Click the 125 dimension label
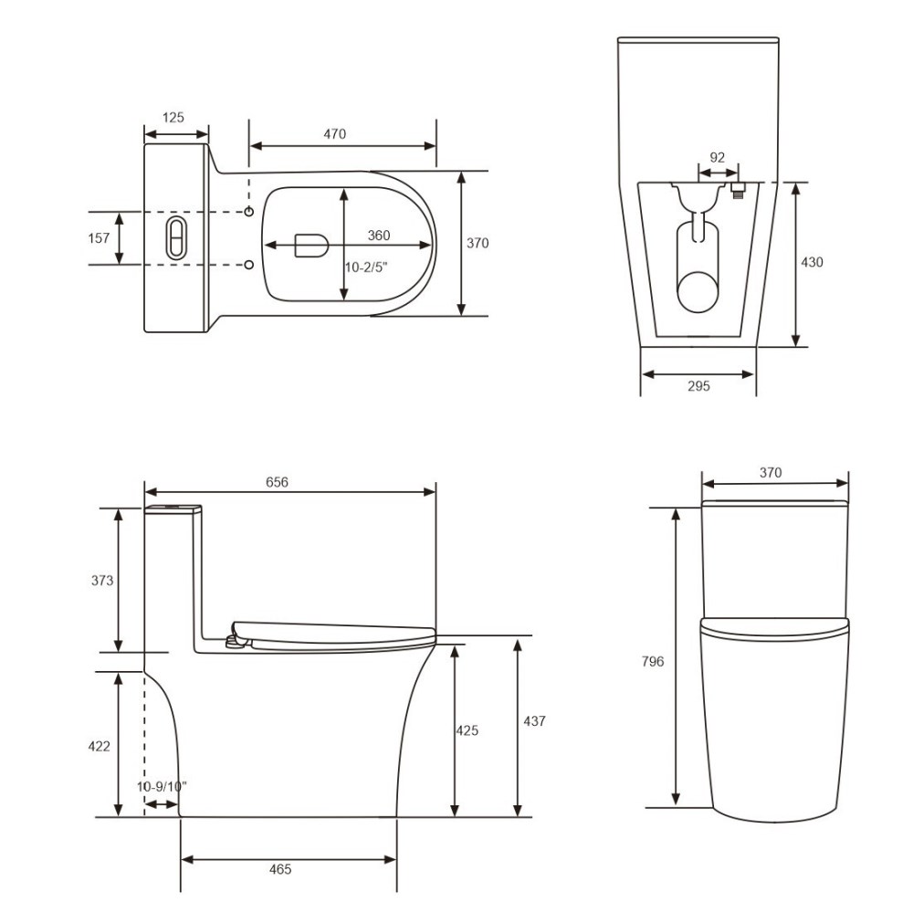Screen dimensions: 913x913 tap(173, 117)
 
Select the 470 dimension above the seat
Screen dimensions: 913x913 tap(335, 134)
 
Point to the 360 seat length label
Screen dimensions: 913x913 tap(379, 236)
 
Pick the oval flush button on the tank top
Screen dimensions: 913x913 tap(174, 237)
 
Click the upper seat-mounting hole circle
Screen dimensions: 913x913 tap(249, 212)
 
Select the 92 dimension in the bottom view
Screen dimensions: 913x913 tap(718, 157)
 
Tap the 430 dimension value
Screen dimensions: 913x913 tap(812, 262)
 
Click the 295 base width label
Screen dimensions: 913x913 tap(698, 386)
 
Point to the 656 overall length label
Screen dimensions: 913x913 tap(277, 482)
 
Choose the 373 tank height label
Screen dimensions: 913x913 tap(103, 580)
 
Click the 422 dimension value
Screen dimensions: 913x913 tap(100, 746)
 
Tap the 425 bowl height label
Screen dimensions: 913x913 tap(467, 730)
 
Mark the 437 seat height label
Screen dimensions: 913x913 tap(534, 721)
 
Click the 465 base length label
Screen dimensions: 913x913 tap(281, 869)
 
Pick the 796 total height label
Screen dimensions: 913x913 tap(653, 662)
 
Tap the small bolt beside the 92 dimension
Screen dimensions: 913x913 tap(740, 190)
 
